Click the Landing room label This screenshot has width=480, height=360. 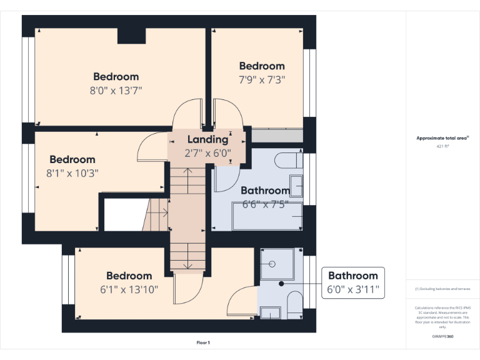[208, 139]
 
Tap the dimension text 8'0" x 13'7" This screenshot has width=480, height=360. [117, 90]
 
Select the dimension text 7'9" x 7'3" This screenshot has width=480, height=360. [262, 79]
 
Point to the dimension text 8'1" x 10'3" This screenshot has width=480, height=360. [72, 173]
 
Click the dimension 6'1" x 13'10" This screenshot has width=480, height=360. [129, 289]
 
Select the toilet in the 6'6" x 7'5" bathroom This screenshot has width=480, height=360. [288, 160]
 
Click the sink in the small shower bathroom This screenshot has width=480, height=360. [271, 312]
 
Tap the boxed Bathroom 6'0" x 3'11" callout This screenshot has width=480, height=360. [353, 282]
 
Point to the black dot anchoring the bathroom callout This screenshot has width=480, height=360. [281, 282]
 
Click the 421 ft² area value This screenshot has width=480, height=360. [443, 146]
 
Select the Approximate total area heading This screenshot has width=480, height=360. [442, 138]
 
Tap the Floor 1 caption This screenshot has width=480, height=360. [203, 342]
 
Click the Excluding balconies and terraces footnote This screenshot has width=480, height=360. [442, 289]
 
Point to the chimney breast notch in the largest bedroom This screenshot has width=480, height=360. [131, 37]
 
